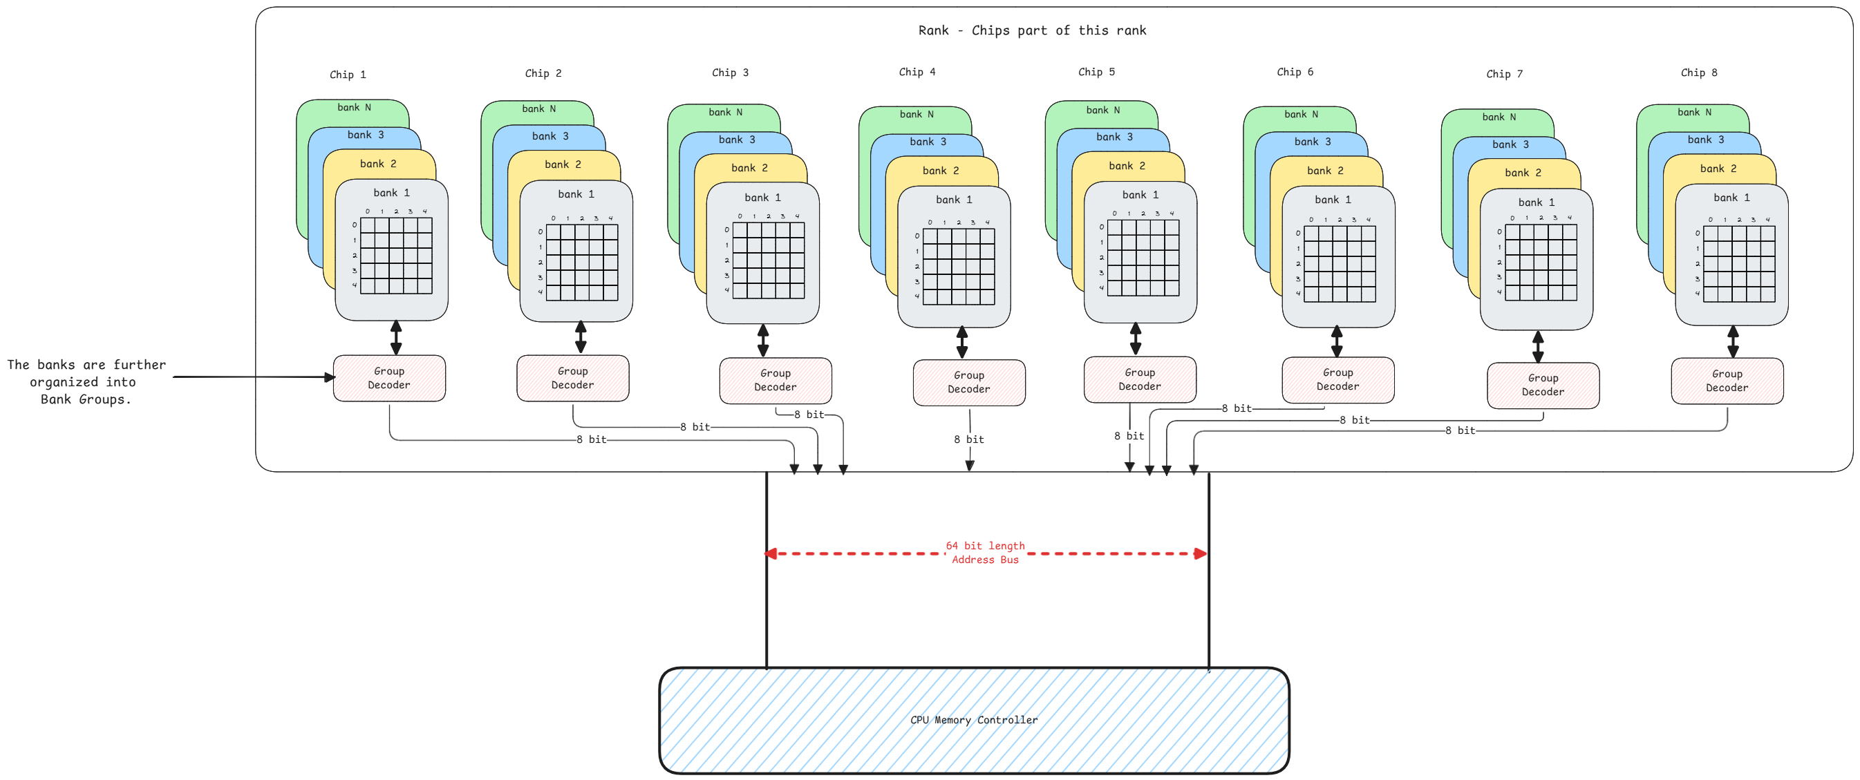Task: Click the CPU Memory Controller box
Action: (x=973, y=720)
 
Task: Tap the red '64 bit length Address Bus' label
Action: (x=985, y=553)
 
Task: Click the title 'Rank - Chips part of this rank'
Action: (x=1032, y=30)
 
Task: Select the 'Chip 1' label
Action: (x=348, y=75)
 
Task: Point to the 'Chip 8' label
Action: (x=1698, y=72)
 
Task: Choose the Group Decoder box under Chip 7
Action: (x=1542, y=386)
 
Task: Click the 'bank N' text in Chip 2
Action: (x=538, y=109)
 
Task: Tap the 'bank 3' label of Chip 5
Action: (x=1114, y=137)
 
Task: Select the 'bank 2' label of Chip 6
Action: (x=1325, y=170)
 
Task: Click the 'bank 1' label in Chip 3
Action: (x=762, y=197)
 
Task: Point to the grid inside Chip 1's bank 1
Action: (x=395, y=256)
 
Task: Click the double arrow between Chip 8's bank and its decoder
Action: (x=1732, y=342)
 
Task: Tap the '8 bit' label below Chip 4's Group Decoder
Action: (x=968, y=439)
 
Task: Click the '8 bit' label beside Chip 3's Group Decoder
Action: (x=809, y=414)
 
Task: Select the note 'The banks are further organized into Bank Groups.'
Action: (x=86, y=381)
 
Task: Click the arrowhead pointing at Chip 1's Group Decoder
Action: (x=330, y=377)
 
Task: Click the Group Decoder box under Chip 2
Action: (x=572, y=378)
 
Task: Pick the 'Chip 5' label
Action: (x=1096, y=71)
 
